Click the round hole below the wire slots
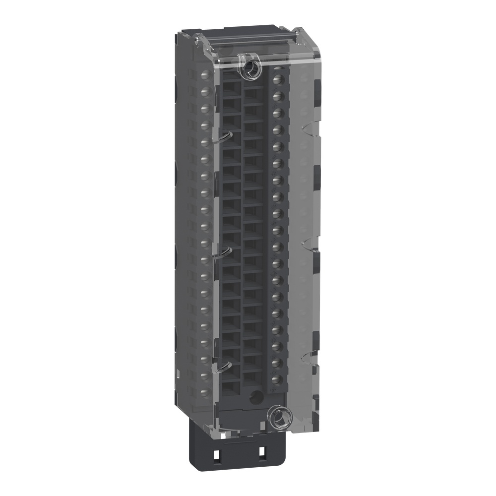[x=255, y=397]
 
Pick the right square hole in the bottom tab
[x=261, y=453]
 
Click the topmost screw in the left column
[x=204, y=74]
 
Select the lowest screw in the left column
[x=203, y=392]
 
